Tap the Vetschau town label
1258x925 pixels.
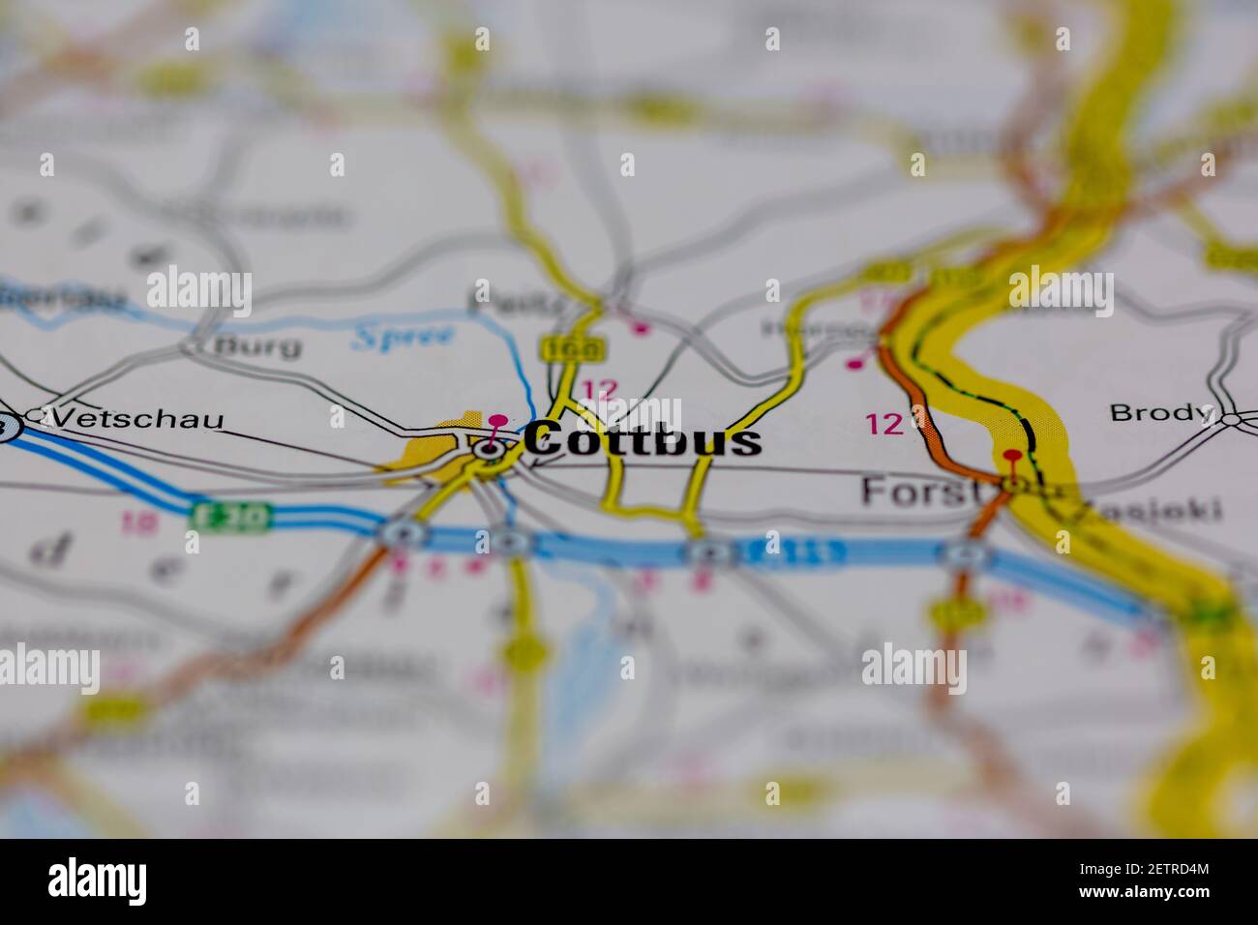click(x=137, y=419)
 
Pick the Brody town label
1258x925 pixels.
click(x=1159, y=412)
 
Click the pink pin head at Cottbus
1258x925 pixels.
click(x=497, y=421)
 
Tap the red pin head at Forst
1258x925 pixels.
click(x=1012, y=455)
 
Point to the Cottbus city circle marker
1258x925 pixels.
click(x=490, y=448)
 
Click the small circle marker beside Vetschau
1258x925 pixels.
click(x=37, y=415)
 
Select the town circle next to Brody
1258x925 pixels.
click(x=1231, y=419)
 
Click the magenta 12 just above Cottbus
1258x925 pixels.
click(x=600, y=390)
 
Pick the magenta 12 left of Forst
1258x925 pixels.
click(x=884, y=424)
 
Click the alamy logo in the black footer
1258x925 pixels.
click(x=98, y=881)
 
